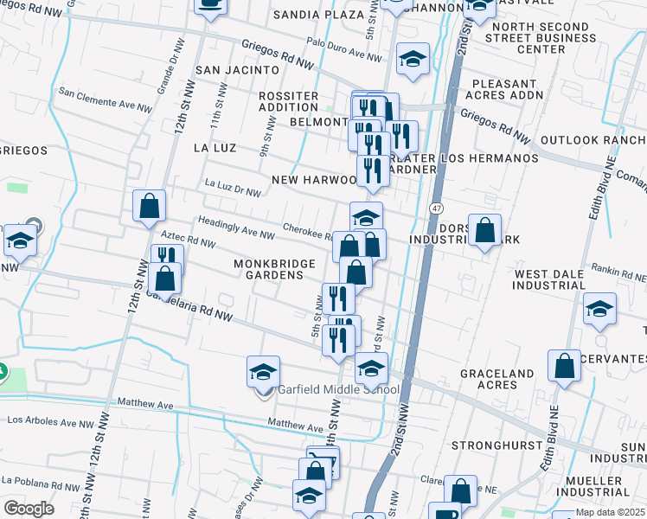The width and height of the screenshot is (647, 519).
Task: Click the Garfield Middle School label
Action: tap(338, 389)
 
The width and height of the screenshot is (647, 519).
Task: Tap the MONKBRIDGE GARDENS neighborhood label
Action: tap(269, 268)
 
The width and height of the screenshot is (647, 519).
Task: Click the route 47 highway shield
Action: tap(436, 208)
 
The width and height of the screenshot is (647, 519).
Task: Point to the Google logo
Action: tap(29, 508)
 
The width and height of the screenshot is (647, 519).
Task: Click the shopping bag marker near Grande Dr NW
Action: tap(150, 207)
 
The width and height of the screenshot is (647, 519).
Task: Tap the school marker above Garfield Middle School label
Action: tap(264, 372)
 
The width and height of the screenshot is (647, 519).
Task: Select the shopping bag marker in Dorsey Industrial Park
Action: tap(485, 230)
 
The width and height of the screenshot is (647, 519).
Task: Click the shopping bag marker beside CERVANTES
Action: tap(564, 366)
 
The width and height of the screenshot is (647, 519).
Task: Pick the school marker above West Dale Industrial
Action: tap(599, 309)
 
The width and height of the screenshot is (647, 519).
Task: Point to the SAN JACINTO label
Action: tap(237, 69)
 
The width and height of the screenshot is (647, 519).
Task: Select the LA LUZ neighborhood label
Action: tap(215, 148)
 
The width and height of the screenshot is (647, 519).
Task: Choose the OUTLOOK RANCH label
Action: tap(593, 140)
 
